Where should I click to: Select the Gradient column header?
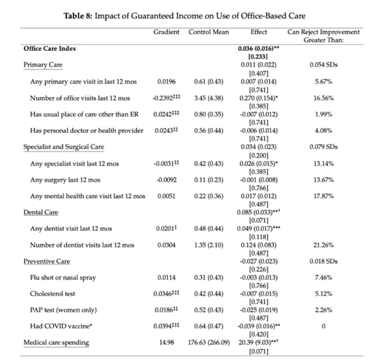pyautogui.click(x=167, y=32)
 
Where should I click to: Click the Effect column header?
pyautogui.click(x=259, y=32)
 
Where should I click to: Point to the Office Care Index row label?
pyautogui.click(x=50, y=48)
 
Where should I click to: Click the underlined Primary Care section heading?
pyautogui.click(x=43, y=65)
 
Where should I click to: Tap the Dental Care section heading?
pyautogui.click(x=41, y=212)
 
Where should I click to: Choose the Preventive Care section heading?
pyautogui.click(x=47, y=262)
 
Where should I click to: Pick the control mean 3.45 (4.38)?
pyautogui.click(x=208, y=98)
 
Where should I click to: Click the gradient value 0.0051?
pyautogui.click(x=167, y=196)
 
